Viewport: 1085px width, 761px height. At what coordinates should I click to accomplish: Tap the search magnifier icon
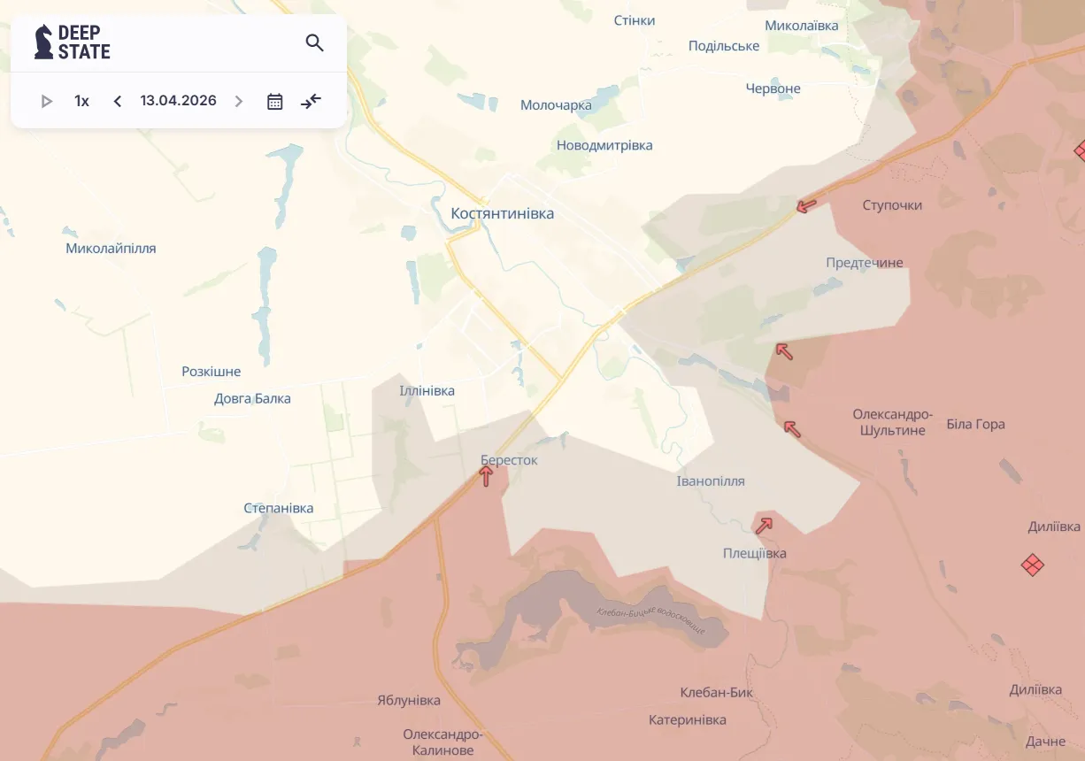(x=314, y=42)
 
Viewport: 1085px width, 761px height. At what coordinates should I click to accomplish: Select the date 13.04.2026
(x=178, y=101)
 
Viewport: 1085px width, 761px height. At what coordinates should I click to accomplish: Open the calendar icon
(x=275, y=101)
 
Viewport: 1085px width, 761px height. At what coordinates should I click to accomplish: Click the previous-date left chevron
(x=118, y=101)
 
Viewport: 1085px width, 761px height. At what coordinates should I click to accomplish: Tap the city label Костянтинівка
(x=502, y=213)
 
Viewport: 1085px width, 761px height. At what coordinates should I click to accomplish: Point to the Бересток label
(x=509, y=460)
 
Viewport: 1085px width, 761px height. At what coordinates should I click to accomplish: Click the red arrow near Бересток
(x=486, y=476)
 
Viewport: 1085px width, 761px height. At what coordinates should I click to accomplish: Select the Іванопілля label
(x=711, y=481)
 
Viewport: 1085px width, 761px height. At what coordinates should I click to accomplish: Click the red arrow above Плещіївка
(x=763, y=526)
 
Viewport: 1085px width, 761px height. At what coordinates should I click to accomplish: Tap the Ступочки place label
(x=892, y=205)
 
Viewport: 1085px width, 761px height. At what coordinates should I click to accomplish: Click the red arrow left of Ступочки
(x=805, y=206)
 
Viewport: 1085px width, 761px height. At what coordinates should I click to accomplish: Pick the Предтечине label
(x=864, y=263)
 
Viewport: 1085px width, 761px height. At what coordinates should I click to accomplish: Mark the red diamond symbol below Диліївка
(x=1032, y=564)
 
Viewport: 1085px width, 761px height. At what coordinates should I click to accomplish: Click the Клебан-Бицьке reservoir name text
(x=650, y=619)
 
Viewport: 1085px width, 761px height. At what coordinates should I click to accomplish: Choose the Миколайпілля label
(x=111, y=249)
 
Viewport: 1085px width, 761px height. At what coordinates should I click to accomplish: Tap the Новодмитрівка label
(x=604, y=145)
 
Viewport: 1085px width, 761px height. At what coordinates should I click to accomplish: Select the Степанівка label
(x=278, y=508)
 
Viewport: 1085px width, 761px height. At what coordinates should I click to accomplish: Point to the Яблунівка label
(x=408, y=700)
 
